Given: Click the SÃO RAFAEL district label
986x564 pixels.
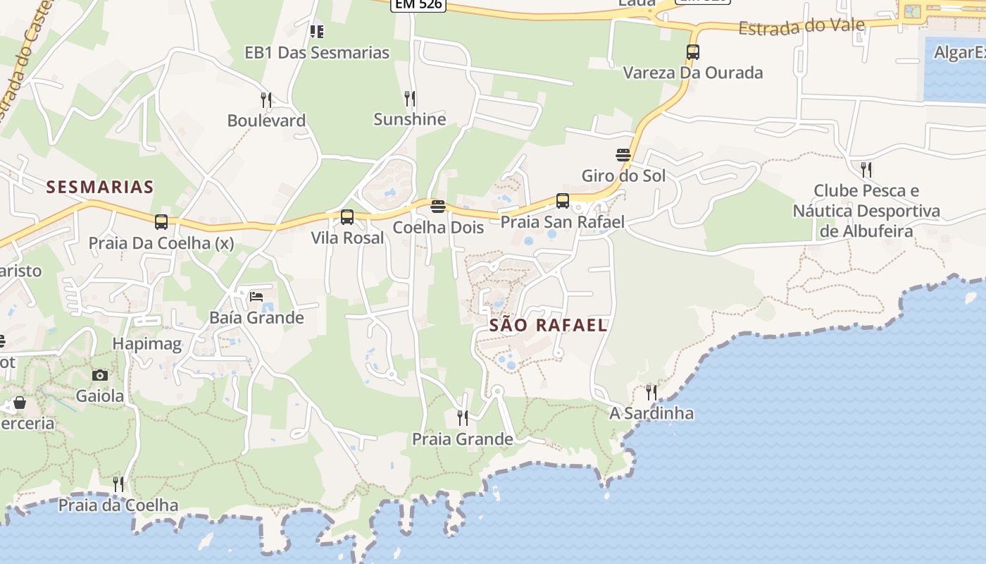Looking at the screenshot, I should tap(548, 325).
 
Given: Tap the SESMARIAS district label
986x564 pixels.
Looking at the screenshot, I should tap(99, 187).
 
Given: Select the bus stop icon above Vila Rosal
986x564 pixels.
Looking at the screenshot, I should tap(347, 217).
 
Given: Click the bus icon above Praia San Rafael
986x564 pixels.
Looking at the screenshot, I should tap(562, 201).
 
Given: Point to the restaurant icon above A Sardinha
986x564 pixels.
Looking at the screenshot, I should tap(651, 392).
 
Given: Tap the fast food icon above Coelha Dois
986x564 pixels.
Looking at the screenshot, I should tap(438, 207).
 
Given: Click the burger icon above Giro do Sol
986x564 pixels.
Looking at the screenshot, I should tap(623, 154).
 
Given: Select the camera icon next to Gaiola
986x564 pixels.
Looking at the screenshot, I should tap(100, 375).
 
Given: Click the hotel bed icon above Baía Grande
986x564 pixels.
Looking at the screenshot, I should tap(256, 297).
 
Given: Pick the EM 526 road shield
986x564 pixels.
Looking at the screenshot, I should tap(418, 4).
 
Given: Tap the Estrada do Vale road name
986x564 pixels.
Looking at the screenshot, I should tap(801, 27).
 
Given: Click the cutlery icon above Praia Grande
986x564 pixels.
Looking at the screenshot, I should tap(462, 418).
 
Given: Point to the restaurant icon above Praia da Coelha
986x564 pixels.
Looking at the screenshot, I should tap(118, 484).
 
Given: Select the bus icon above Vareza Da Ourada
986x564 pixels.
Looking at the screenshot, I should tap(693, 52).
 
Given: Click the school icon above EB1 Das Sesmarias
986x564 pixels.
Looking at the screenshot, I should tap(317, 32).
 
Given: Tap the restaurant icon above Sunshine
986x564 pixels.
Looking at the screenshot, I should tap(409, 98).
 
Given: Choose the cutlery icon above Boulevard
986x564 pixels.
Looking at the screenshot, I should tap(266, 99).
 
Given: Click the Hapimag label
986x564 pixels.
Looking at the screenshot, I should tap(147, 344).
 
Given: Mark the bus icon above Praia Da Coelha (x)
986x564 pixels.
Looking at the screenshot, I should tap(161, 222).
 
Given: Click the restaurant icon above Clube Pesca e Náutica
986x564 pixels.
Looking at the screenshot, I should tap(866, 169).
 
